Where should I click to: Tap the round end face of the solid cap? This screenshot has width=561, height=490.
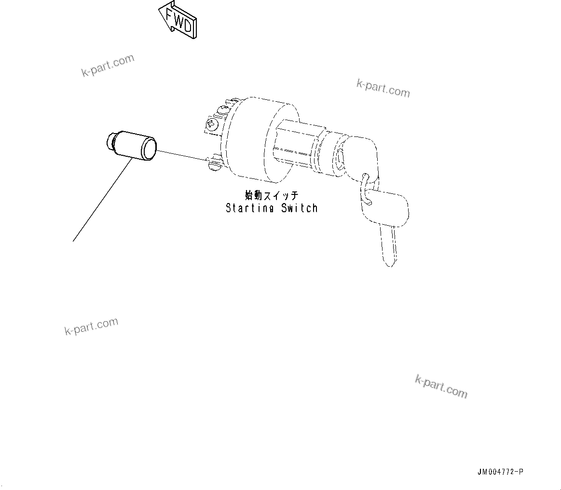point(149,148)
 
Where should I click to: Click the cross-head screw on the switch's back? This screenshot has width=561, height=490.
point(211,125)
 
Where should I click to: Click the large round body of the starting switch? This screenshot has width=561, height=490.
point(256,140)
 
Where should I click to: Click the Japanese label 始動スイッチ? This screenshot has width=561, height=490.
point(272,195)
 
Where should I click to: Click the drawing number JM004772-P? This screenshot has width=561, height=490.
point(500,472)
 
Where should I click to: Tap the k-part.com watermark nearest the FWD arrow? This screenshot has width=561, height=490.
point(108,66)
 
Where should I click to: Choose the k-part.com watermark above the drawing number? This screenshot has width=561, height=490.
point(441,386)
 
